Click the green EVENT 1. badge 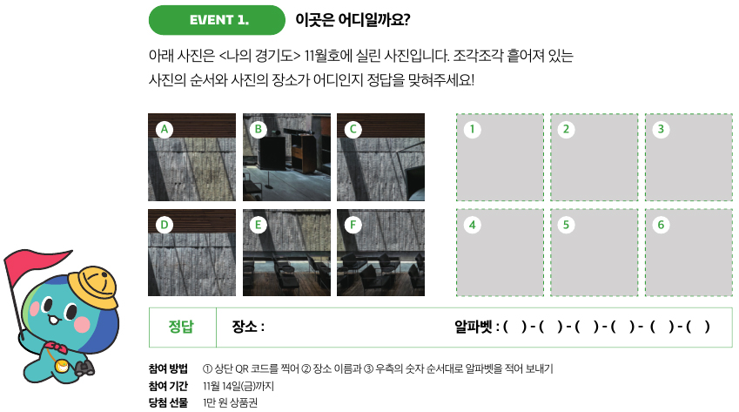pyautogui.click(x=217, y=20)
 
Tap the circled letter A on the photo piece pyautogui.click(x=164, y=129)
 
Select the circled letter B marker pyautogui.click(x=259, y=129)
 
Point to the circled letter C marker pyautogui.click(x=353, y=129)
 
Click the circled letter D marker pyautogui.click(x=164, y=225)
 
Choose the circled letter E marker pyautogui.click(x=259, y=225)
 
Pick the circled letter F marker pyautogui.click(x=353, y=225)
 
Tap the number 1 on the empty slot pyautogui.click(x=473, y=129)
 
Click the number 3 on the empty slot pyautogui.click(x=661, y=129)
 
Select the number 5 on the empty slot pyautogui.click(x=566, y=225)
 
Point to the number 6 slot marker pyautogui.click(x=661, y=225)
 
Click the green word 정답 pyautogui.click(x=181, y=327)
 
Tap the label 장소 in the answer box pyautogui.click(x=244, y=327)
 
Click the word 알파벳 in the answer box pyautogui.click(x=474, y=327)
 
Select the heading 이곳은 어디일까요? pyautogui.click(x=353, y=20)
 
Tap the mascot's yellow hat pyautogui.click(x=93, y=287)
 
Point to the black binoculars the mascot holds pyautogui.click(x=84, y=368)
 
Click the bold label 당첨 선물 pyautogui.click(x=168, y=402)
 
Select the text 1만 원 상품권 pyautogui.click(x=230, y=402)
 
